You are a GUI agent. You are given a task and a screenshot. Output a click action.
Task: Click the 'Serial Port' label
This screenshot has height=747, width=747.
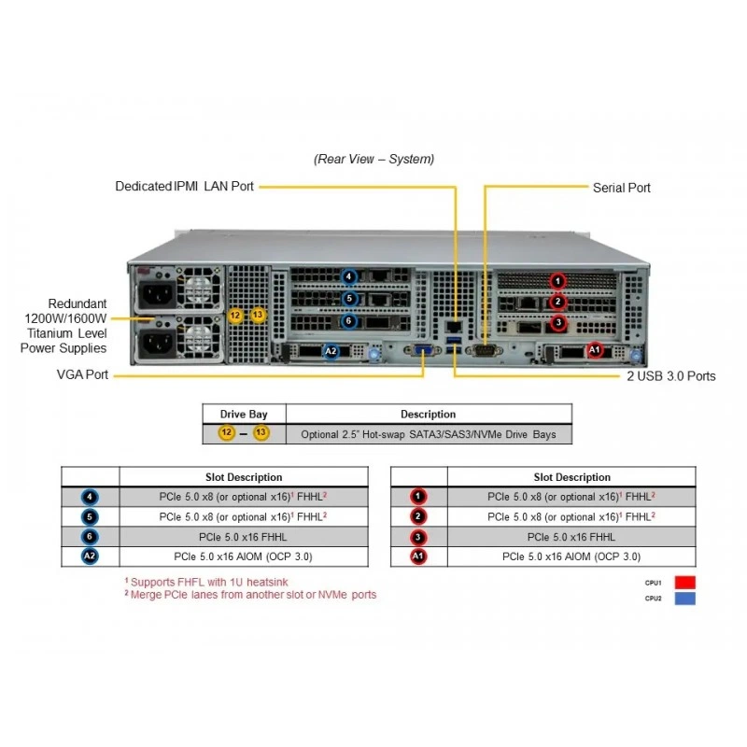tap(621, 188)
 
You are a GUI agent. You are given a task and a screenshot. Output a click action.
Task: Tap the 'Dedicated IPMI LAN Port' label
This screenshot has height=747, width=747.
tap(184, 186)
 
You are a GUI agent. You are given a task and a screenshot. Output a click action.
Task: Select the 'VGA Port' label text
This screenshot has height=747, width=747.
tap(82, 374)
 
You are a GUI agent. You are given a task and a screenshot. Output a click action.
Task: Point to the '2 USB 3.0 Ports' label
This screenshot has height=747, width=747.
tap(670, 376)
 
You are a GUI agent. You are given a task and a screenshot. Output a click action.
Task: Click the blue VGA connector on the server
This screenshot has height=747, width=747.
tap(422, 350)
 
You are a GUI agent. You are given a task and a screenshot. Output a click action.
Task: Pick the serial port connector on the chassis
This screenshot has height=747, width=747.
tap(484, 350)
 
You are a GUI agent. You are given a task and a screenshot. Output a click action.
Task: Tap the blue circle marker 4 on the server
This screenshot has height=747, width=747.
tap(348, 276)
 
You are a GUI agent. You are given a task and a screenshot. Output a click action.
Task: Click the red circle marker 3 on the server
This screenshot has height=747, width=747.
tap(558, 323)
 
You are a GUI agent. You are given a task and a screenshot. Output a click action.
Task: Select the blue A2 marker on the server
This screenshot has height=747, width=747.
tap(331, 352)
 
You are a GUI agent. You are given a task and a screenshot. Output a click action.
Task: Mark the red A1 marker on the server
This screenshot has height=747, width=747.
tap(594, 350)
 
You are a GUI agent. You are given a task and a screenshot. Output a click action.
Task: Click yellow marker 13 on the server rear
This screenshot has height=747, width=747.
tap(258, 315)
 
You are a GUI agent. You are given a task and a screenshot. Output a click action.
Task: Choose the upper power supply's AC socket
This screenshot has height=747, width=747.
tap(156, 293)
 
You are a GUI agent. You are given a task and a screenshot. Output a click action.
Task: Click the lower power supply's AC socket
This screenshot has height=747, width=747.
tap(156, 343)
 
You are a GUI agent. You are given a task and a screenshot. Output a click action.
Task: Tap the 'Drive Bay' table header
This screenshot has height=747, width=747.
tap(244, 414)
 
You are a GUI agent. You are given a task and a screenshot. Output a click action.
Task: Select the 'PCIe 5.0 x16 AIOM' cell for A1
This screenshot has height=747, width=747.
tap(571, 557)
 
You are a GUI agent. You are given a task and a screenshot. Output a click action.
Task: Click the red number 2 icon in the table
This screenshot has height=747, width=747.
tap(417, 516)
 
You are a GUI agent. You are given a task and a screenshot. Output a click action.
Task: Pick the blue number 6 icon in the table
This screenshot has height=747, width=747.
tap(90, 536)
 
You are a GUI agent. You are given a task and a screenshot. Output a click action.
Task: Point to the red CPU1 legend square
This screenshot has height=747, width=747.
tap(685, 582)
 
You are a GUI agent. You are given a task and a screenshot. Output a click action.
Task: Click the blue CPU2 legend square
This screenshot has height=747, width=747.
tap(685, 599)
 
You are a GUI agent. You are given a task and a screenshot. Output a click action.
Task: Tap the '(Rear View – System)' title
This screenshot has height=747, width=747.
tap(374, 159)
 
